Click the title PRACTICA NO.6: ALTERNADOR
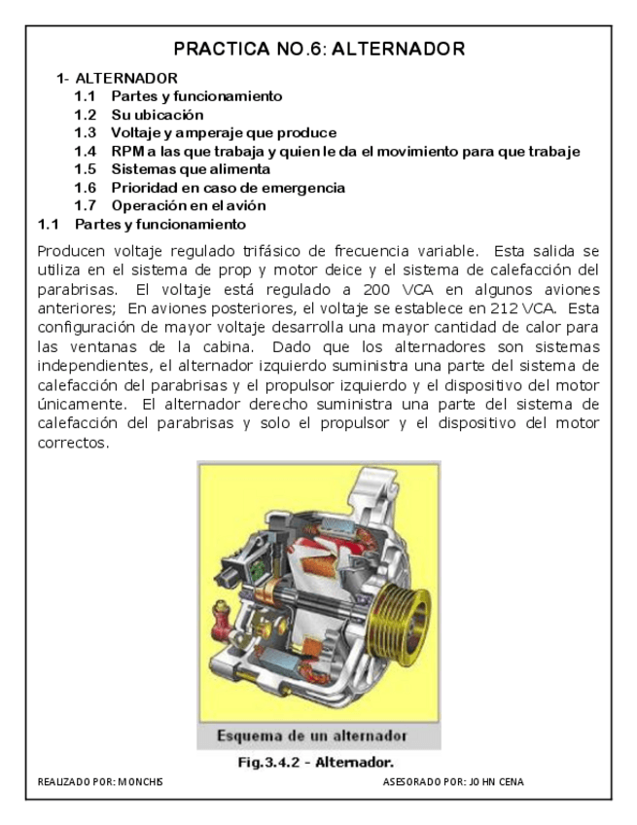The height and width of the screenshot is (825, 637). point(319,49)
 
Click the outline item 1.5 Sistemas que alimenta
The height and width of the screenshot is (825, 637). point(163,169)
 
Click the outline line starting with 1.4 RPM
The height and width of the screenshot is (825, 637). point(327,151)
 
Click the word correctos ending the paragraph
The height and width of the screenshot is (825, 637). point(72,443)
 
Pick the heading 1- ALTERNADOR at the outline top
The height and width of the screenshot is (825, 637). point(117,78)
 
